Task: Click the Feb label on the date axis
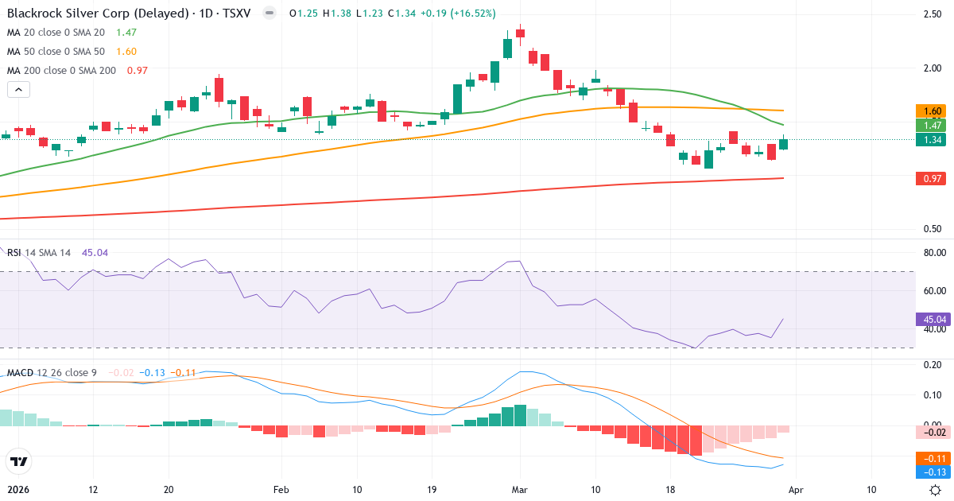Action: coord(282,490)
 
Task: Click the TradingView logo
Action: coord(18,461)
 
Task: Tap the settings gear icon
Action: coord(936,490)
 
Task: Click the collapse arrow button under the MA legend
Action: coord(18,90)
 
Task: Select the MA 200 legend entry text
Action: coord(62,71)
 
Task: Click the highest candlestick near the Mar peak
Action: coord(520,33)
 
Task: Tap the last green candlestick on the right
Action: coord(784,144)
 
